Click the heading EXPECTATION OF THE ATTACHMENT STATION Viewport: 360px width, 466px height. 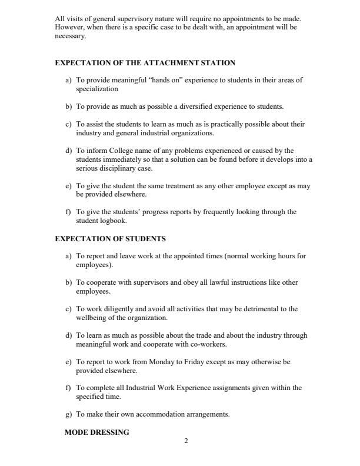coord(145,63)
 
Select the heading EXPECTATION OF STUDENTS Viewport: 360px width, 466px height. coord(110,239)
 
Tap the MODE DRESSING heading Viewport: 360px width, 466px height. coord(96,432)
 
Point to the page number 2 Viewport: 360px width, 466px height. coord(186,442)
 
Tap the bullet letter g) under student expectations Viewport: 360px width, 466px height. coord(69,414)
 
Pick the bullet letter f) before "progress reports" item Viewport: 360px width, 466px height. coord(69,212)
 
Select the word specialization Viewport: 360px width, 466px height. coord(97,89)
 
